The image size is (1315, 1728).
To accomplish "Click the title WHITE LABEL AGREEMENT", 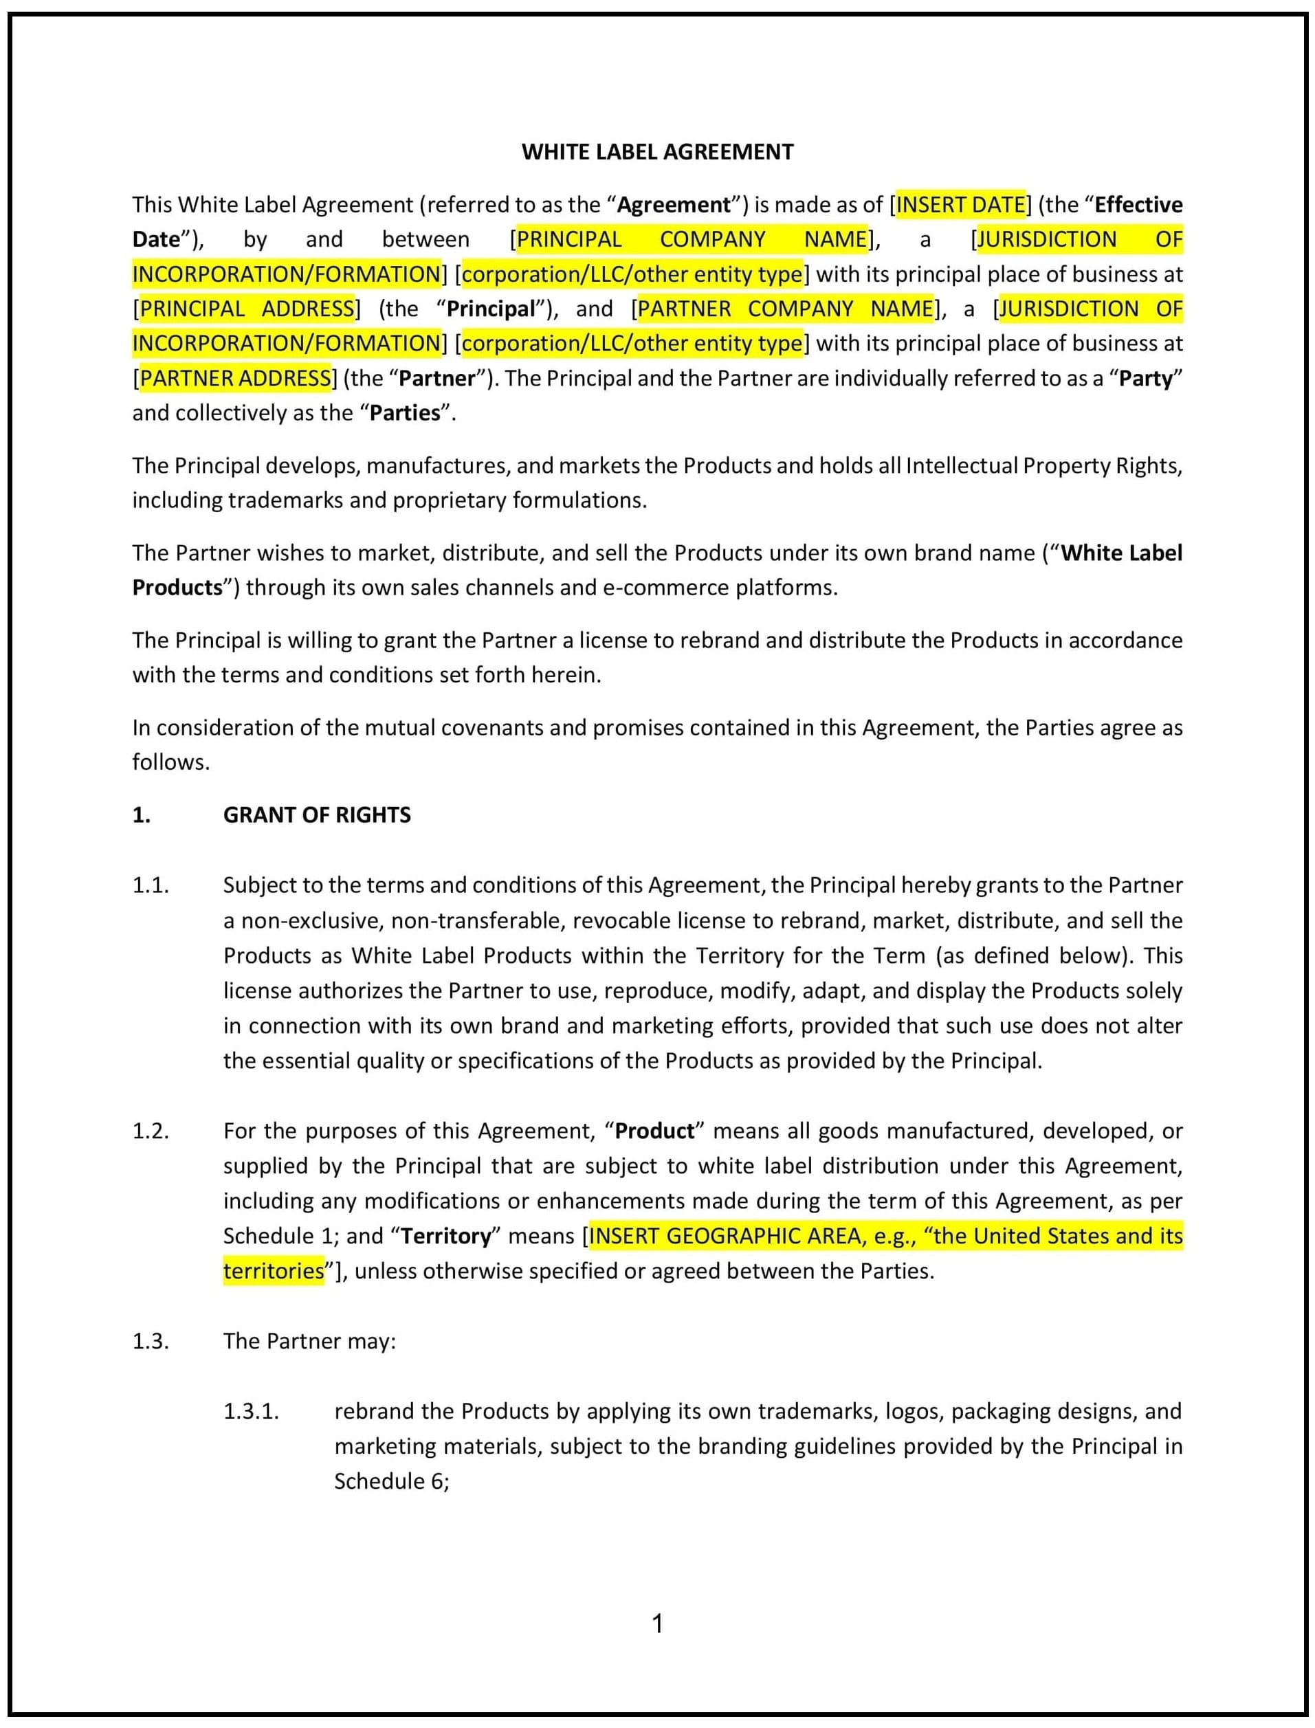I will (x=657, y=152).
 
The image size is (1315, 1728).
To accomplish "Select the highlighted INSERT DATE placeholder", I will (x=960, y=204).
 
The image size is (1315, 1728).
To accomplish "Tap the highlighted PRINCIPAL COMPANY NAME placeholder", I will (x=692, y=239).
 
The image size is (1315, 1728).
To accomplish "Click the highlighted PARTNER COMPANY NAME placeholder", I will (x=785, y=309).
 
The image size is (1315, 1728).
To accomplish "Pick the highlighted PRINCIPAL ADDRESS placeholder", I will (x=247, y=309).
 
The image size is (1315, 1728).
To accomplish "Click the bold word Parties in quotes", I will (x=405, y=412).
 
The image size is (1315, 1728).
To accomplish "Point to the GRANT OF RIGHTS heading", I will (x=316, y=815).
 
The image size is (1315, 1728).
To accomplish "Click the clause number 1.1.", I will (x=151, y=885).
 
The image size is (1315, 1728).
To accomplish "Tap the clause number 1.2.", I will (x=151, y=1131).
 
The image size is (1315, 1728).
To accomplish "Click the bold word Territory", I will (x=445, y=1236).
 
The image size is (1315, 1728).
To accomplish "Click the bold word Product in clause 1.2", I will (x=654, y=1131).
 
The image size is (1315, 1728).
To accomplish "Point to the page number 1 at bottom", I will (x=657, y=1624).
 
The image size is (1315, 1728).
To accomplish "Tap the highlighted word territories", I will (x=273, y=1271).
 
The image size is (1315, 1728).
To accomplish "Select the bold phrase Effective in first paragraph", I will (x=1138, y=204).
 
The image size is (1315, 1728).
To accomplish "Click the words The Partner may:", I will (x=309, y=1342).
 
